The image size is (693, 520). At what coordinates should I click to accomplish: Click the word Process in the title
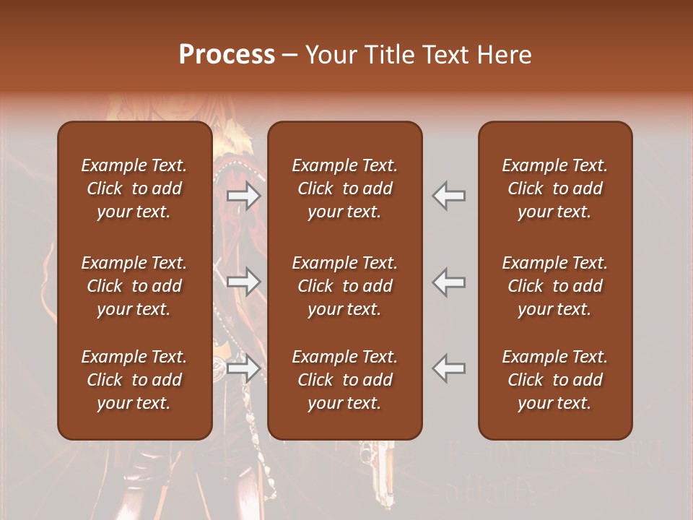point(227,55)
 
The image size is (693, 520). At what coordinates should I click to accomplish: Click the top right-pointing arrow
point(243,196)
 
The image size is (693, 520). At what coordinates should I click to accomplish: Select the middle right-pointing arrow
point(243,281)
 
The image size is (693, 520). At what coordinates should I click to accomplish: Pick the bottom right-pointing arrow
point(243,368)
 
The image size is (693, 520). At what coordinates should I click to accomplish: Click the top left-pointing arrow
point(449,196)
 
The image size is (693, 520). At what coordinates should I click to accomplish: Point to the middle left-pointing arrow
point(449,281)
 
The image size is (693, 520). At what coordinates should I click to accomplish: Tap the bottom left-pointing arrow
point(449,368)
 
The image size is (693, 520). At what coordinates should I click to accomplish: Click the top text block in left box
point(134,188)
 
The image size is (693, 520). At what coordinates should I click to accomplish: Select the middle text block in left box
point(134,286)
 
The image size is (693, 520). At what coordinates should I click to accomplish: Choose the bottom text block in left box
point(134,380)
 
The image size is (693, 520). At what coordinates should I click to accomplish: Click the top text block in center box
point(344,188)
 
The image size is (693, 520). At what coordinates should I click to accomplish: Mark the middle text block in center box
point(344,286)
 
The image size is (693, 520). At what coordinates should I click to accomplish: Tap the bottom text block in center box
point(344,380)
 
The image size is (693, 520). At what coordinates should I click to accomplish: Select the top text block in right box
point(554,188)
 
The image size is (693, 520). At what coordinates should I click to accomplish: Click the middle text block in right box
point(554,286)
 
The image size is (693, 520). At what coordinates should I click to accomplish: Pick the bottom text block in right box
point(554,380)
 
